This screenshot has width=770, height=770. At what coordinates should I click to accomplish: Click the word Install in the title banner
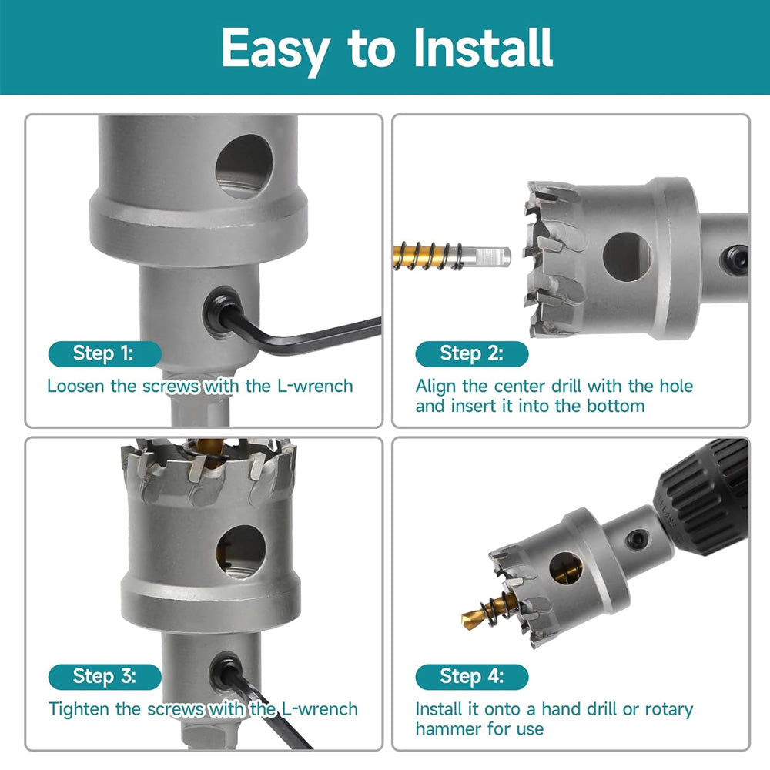pos(484,48)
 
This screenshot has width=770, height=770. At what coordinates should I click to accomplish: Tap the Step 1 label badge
pos(105,353)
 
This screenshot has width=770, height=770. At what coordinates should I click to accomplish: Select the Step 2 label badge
pos(472,353)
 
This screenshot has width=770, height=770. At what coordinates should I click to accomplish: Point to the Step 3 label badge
pos(105,677)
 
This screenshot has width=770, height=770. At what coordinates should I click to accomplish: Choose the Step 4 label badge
pos(472,677)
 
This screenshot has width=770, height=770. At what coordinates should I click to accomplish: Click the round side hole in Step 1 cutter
pos(244,166)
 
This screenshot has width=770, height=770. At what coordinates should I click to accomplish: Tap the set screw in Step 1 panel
pos(223,313)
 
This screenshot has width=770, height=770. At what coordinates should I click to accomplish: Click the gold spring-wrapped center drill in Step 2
pos(427,256)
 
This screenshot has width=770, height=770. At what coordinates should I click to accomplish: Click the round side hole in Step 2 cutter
pos(627,257)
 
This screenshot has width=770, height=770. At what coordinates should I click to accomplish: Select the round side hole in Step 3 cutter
pos(240,551)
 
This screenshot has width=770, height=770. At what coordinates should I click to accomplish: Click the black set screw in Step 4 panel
pos(638,540)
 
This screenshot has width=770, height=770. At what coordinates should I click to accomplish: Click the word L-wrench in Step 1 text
pos(315,386)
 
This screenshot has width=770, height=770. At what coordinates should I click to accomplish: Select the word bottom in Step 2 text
pos(615,406)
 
